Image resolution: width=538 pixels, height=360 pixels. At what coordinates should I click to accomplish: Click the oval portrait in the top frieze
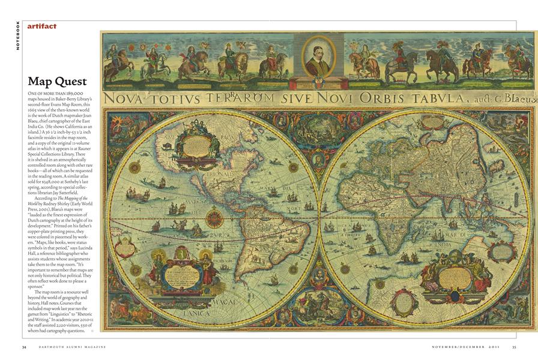tap(318, 58)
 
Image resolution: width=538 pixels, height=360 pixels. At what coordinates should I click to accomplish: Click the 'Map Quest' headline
tap(57, 81)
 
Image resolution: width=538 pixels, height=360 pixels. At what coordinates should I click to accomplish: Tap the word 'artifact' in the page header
tap(42, 26)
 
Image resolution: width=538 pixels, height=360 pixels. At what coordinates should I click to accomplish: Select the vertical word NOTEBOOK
tap(18, 35)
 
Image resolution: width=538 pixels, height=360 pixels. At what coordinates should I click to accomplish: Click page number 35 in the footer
tap(514, 347)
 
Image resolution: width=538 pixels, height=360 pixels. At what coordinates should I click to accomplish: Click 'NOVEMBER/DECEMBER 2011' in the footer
tap(466, 347)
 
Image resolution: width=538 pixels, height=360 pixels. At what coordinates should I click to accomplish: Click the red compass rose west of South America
tap(214, 218)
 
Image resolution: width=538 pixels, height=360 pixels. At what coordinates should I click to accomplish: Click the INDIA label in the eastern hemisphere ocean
tap(446, 244)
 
